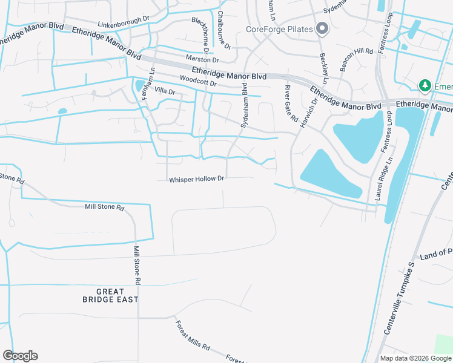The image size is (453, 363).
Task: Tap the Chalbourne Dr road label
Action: click(221, 27)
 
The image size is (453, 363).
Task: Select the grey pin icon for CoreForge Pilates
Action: click(322, 28)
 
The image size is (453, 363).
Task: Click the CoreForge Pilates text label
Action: click(279, 29)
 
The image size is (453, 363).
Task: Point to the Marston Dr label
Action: click(202, 60)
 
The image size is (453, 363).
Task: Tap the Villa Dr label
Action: click(165, 91)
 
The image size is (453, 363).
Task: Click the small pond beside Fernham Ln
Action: click(141, 85)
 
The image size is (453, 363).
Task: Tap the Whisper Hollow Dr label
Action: click(197, 179)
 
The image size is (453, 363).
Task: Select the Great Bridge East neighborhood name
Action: click(110, 295)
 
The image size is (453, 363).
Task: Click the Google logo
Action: click(20, 356)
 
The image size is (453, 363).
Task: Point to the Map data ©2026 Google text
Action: click(415, 358)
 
